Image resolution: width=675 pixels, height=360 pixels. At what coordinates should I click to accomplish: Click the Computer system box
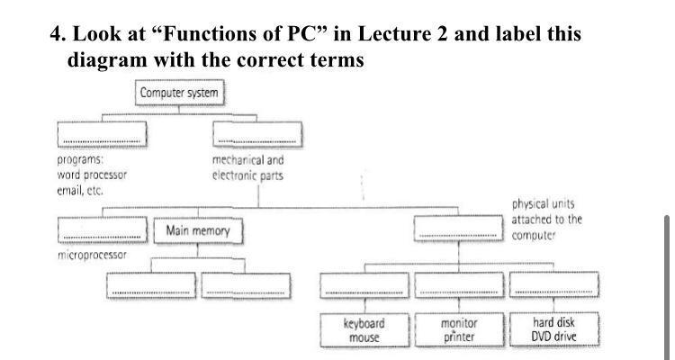[178, 93]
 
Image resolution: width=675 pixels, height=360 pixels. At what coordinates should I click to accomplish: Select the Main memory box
[198, 231]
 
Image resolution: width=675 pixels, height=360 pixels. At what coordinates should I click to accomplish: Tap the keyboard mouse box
[364, 330]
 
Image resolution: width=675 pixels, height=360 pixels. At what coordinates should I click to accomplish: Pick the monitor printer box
[459, 330]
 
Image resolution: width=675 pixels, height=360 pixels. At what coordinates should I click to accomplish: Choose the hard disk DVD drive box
[553, 330]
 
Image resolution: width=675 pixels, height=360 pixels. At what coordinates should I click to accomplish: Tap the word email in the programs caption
[70, 191]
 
